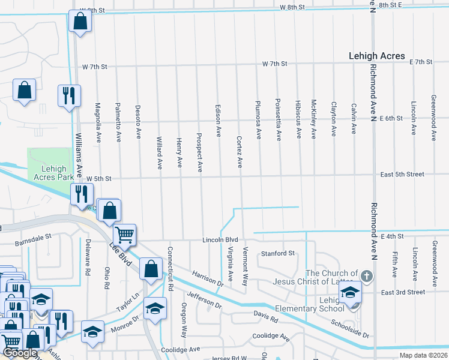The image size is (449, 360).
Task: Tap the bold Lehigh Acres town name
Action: [x=376, y=56]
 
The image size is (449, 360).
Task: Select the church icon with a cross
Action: [x=367, y=277]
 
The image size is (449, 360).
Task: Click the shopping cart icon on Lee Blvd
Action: [x=125, y=233]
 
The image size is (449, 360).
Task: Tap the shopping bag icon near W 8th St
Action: [x=80, y=22]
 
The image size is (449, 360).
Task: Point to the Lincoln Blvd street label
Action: [x=220, y=239]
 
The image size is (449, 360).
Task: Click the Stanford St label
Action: [x=278, y=253]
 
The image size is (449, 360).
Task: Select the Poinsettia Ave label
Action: [x=278, y=119]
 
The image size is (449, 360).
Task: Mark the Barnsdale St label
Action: [x=34, y=244]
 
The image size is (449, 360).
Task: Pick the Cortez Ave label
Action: [x=239, y=152]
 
